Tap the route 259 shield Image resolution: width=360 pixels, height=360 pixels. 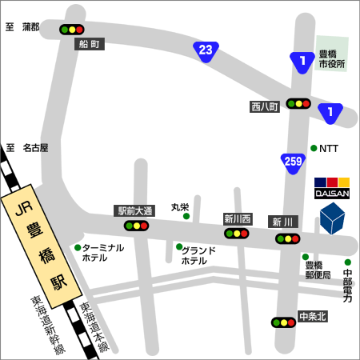click(x=293, y=162)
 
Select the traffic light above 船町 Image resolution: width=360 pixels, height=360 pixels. click(x=72, y=30)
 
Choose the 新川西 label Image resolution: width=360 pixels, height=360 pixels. click(x=238, y=218)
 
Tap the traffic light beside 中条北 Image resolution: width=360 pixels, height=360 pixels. click(x=283, y=322)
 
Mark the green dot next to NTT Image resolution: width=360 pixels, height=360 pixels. click(x=313, y=148)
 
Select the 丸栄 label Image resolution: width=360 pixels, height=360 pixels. click(x=180, y=206)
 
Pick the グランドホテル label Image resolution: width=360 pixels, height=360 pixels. click(x=199, y=256)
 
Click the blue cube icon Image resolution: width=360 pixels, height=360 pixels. click(x=332, y=218)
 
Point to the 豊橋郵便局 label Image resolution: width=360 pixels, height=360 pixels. click(x=318, y=270)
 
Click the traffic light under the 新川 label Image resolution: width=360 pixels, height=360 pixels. click(x=288, y=238)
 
